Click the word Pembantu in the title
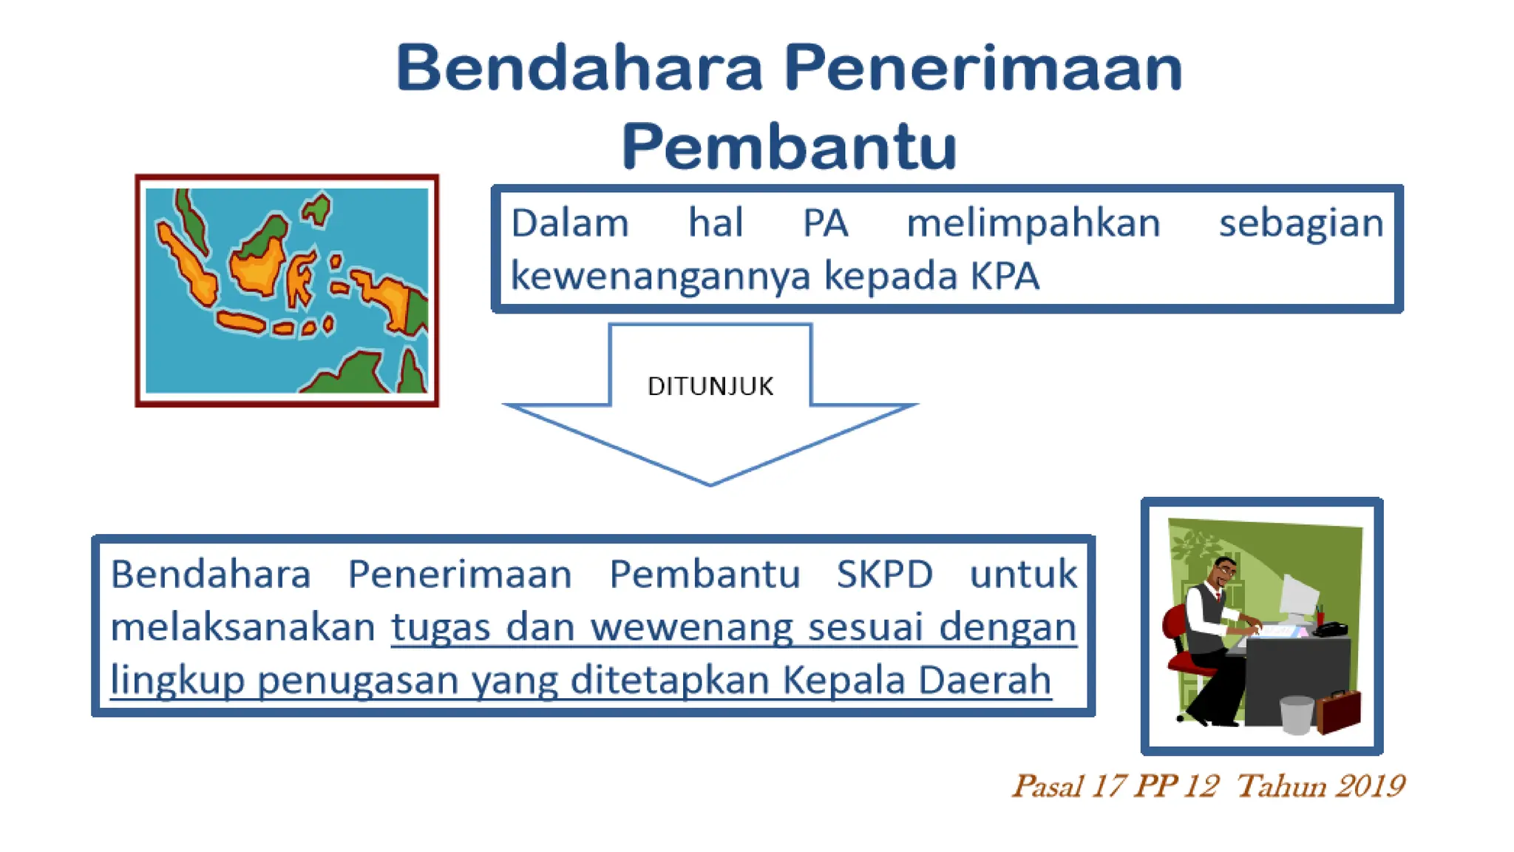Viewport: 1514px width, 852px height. (x=789, y=146)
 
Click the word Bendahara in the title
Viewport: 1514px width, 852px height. (x=579, y=68)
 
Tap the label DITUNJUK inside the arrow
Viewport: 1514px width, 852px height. (x=710, y=386)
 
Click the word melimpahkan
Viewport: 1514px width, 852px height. (x=1033, y=223)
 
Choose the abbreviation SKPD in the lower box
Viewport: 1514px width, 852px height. (x=884, y=575)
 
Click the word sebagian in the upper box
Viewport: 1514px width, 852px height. (x=1300, y=223)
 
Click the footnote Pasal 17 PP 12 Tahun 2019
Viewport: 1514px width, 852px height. (x=1207, y=786)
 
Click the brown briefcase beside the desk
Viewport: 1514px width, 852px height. (x=1338, y=711)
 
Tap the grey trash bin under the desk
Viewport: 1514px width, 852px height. (x=1296, y=714)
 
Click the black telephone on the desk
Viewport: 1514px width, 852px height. (x=1331, y=629)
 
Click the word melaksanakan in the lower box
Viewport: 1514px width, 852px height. (x=243, y=628)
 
